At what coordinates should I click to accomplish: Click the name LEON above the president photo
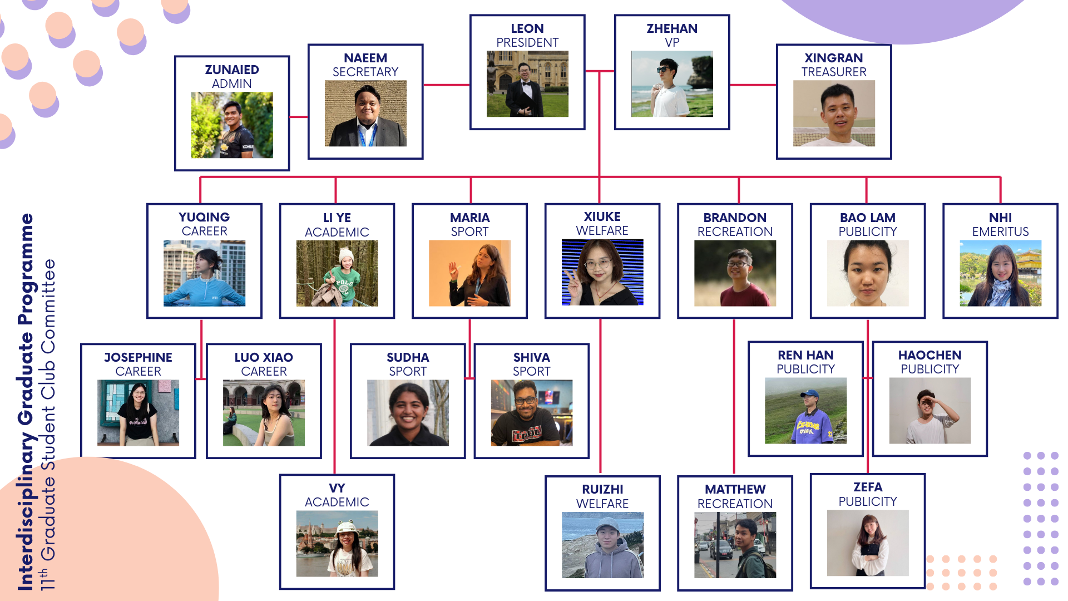point(527,28)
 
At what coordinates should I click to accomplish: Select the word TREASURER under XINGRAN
point(833,72)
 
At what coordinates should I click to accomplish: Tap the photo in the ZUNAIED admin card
point(232,125)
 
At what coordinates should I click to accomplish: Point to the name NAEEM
point(365,58)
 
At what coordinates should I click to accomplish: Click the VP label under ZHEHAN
point(671,42)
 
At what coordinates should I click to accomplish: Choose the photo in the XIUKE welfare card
point(602,272)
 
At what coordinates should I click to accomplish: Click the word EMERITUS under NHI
point(1000,231)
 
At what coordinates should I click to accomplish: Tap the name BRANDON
point(734,218)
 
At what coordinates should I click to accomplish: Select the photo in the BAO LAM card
point(867,273)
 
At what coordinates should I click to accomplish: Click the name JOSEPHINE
point(138,357)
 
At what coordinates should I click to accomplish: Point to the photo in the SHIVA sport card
point(531,413)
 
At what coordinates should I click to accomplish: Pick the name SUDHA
point(407,357)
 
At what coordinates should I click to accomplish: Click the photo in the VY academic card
point(337,544)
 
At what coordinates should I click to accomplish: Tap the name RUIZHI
point(602,489)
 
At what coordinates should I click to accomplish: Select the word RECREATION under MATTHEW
point(734,504)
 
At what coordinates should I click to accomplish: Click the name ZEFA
point(867,487)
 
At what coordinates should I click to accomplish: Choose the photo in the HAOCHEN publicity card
point(929,411)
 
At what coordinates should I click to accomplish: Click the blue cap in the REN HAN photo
point(810,395)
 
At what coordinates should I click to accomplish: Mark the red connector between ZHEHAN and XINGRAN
point(753,85)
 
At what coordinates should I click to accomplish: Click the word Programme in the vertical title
point(26,269)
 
